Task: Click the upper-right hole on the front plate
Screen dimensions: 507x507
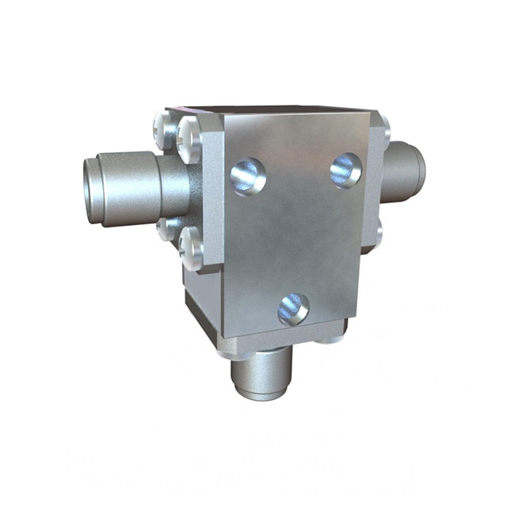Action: tap(345, 170)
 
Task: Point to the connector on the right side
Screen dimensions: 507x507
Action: tap(405, 167)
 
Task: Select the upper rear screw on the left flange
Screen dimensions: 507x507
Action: tap(162, 124)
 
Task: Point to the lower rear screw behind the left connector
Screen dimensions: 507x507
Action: tap(166, 229)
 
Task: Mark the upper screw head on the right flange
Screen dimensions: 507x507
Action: tap(383, 126)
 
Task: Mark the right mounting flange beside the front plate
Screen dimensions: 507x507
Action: tap(374, 182)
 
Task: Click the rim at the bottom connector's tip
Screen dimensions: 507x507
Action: tap(260, 393)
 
